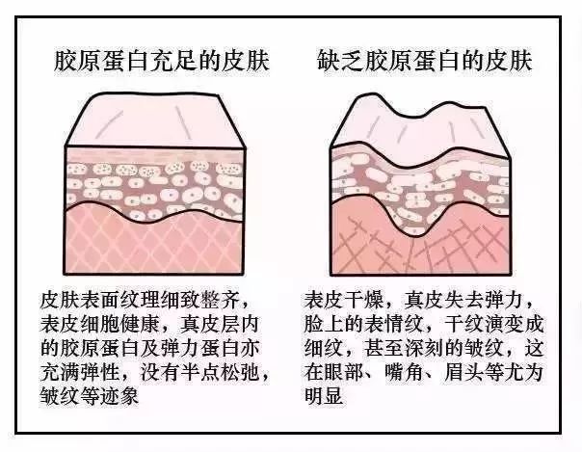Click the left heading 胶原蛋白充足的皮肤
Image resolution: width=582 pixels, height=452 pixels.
click(162, 61)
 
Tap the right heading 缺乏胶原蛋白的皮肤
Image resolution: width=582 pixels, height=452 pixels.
click(425, 61)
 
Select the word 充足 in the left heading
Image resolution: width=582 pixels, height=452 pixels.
click(173, 61)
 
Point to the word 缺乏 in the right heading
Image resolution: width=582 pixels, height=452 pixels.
click(341, 61)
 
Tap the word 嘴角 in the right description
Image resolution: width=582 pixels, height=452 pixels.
click(404, 371)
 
